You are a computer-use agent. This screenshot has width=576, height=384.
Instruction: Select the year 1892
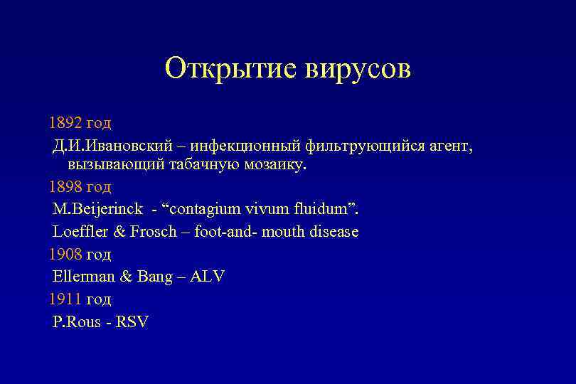pyautogui.click(x=65, y=123)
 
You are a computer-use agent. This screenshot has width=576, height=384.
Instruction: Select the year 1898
pyautogui.click(x=65, y=187)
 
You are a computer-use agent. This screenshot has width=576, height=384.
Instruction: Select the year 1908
pyautogui.click(x=65, y=254)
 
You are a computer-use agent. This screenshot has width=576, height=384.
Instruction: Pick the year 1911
pyautogui.click(x=65, y=299)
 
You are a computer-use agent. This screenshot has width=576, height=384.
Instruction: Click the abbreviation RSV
pyautogui.click(x=132, y=321)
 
